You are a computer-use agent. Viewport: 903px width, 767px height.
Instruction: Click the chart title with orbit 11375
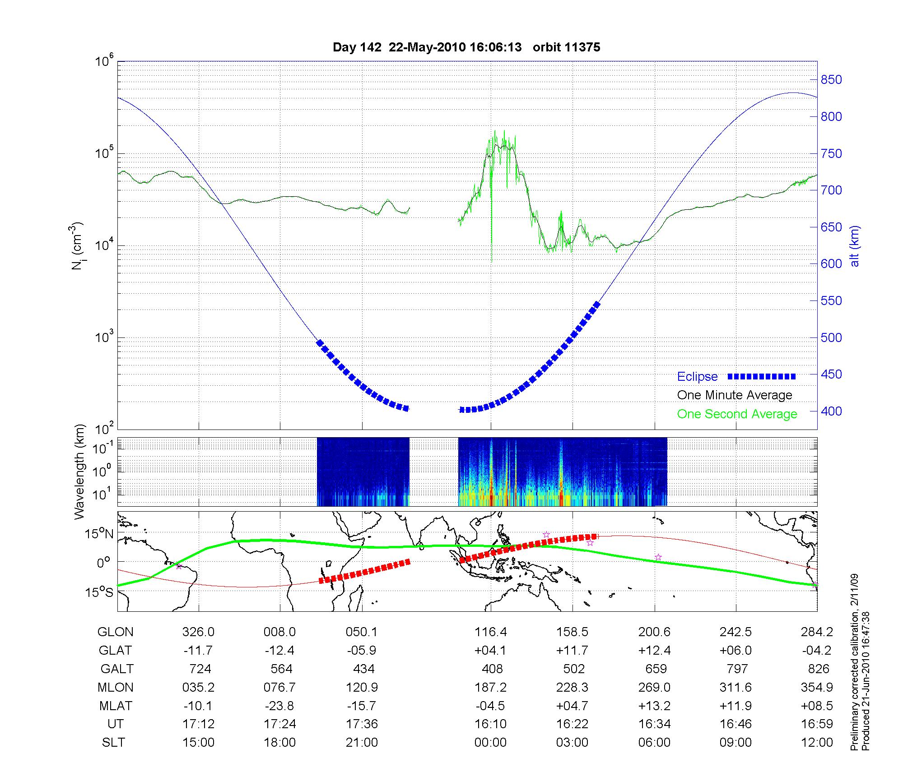[466, 47]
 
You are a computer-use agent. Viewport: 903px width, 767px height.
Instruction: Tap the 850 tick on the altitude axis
[831, 80]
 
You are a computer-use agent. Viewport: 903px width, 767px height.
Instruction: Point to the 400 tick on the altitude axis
[831, 411]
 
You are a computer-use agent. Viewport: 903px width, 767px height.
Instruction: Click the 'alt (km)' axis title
[855, 246]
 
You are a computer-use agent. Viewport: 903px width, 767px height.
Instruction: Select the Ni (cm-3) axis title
[77, 246]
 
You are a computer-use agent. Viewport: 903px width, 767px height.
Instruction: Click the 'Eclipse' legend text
[697, 377]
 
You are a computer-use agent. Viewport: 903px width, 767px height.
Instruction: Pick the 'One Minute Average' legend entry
[735, 395]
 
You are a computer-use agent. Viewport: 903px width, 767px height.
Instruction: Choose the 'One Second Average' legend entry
[737, 414]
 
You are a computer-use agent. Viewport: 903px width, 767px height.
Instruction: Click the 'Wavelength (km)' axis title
[80, 472]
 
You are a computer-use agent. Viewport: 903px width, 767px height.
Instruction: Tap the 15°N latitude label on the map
[99, 534]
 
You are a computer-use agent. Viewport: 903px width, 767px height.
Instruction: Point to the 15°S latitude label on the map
[99, 592]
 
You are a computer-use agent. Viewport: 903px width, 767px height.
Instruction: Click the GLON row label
[115, 632]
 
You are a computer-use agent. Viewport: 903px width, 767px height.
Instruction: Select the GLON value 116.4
[490, 632]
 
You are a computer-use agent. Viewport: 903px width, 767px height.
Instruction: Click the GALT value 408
[492, 669]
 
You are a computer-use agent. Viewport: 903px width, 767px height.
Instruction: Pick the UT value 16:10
[490, 724]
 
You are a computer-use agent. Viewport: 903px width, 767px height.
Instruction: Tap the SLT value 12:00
[817, 743]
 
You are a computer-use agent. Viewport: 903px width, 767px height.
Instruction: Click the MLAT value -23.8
[280, 706]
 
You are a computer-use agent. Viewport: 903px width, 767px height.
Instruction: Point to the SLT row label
[113, 743]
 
